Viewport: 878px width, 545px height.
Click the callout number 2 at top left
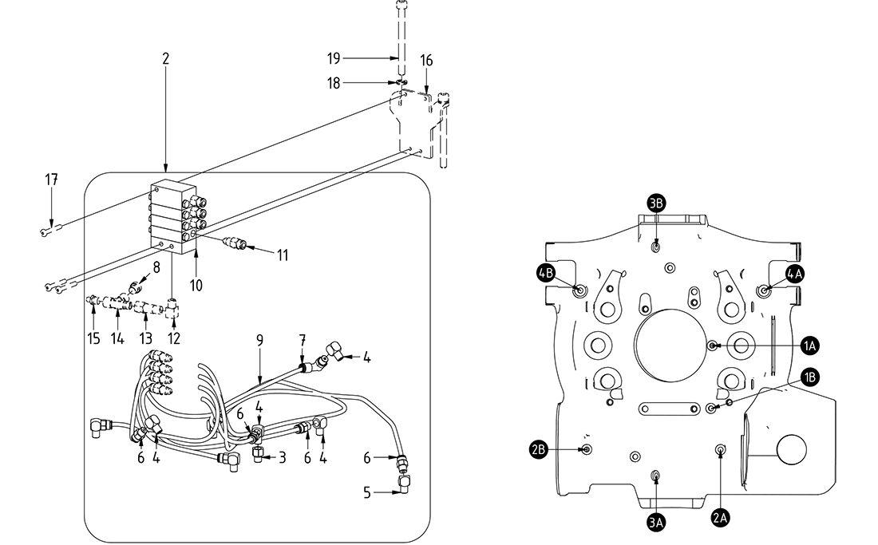pos(165,59)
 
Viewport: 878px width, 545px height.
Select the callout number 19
pos(334,57)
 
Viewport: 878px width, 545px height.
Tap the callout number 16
pos(427,61)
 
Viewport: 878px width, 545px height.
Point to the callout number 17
pos(51,180)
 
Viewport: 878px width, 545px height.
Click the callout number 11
pos(283,255)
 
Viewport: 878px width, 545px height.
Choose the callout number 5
pos(367,492)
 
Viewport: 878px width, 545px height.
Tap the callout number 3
pos(282,457)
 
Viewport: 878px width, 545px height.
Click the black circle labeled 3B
pos(656,203)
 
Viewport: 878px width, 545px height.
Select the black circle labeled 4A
pos(795,273)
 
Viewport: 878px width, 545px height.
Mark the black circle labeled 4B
pos(546,273)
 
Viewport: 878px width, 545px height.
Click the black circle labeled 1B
pos(809,377)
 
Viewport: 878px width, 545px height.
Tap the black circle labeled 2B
pos(539,450)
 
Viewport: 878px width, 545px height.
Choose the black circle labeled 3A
pos(656,523)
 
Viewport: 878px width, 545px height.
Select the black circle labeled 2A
pos(720,518)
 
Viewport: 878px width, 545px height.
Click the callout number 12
pos(174,338)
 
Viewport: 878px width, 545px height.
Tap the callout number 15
pos(94,338)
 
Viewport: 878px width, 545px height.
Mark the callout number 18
pos(334,83)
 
